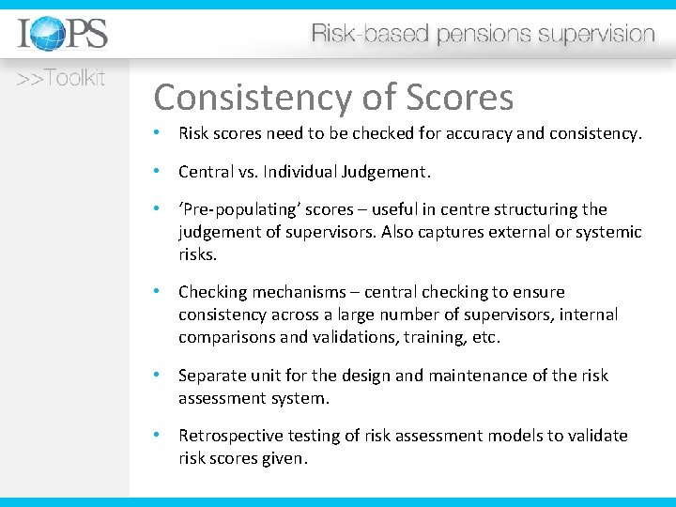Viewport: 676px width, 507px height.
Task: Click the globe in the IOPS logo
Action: point(46,35)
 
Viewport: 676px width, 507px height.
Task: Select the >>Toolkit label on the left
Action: point(59,78)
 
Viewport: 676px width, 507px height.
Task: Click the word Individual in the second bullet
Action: point(310,172)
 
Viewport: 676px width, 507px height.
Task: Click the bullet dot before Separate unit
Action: point(161,376)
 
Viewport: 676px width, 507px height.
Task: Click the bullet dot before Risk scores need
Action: point(161,133)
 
